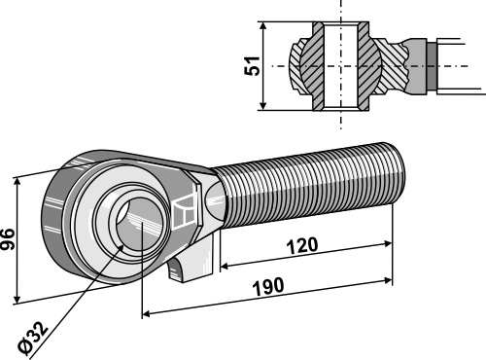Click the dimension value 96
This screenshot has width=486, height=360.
coord(7,239)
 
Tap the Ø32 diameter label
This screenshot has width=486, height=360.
coord(33,338)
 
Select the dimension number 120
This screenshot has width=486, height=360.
coord(302,245)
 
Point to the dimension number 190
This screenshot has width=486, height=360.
coord(268,287)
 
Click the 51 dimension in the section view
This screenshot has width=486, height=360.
coord(252,66)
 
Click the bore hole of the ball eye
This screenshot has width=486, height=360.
coord(138,225)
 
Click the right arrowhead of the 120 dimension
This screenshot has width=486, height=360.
coord(388,244)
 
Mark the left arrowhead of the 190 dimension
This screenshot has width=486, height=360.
coord(147,313)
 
